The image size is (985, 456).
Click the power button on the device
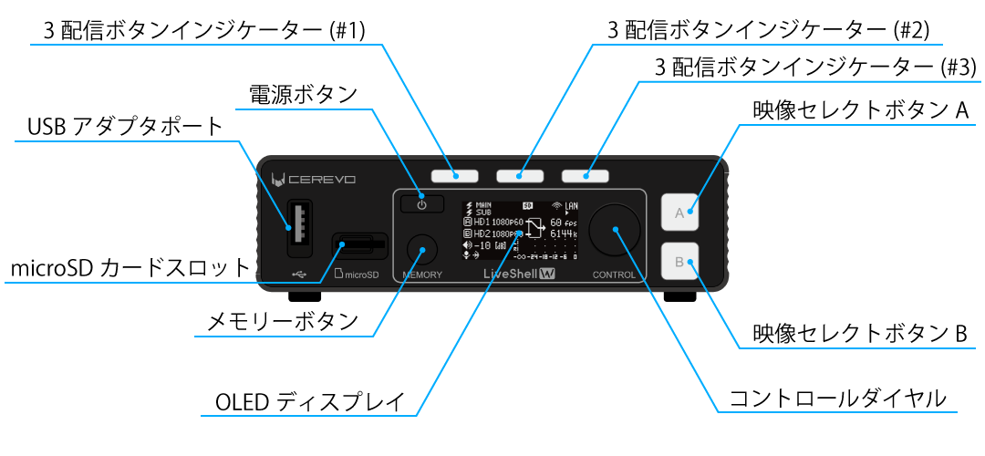(x=421, y=204)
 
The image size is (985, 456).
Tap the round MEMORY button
(x=421, y=248)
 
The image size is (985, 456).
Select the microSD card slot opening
(x=358, y=244)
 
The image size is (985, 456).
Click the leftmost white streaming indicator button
(x=455, y=174)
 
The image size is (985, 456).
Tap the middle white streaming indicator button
(x=520, y=174)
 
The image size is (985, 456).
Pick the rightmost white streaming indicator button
(x=586, y=174)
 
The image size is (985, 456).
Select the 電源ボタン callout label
(x=303, y=94)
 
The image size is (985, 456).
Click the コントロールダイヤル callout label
(x=838, y=399)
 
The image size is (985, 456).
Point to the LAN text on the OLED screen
(x=572, y=206)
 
